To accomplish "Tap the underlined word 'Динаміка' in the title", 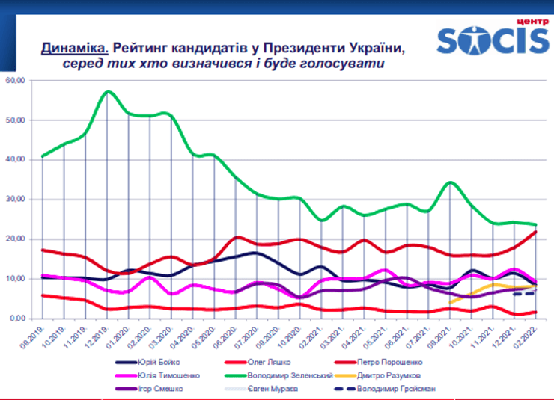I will click(75, 49).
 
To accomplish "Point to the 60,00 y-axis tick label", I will click(16, 80).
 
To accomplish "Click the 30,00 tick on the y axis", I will click(16, 200).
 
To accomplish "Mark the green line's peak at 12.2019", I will click(109, 91).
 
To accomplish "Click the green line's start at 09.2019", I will click(43, 156).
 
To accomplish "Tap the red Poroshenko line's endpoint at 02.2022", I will click(536, 231).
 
